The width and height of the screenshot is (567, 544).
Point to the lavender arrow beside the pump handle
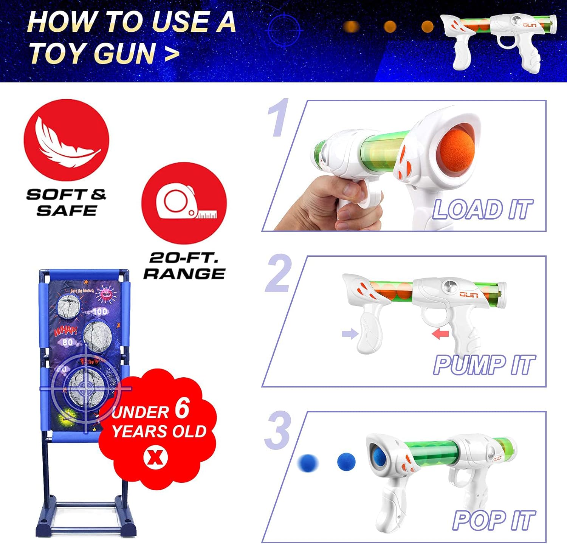350,334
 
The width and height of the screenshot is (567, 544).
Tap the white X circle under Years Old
155,457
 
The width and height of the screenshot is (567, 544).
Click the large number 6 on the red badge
182,409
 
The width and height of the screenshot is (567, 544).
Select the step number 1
279,118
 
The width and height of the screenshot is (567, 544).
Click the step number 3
278,430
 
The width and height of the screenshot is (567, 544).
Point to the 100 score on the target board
100,312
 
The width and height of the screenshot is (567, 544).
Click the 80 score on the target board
68,342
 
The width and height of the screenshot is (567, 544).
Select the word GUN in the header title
124,53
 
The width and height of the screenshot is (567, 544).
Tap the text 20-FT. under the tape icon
184,258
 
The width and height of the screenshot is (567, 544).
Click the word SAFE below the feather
67,210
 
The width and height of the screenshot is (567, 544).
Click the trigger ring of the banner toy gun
508,42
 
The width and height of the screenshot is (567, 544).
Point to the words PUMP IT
484,365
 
